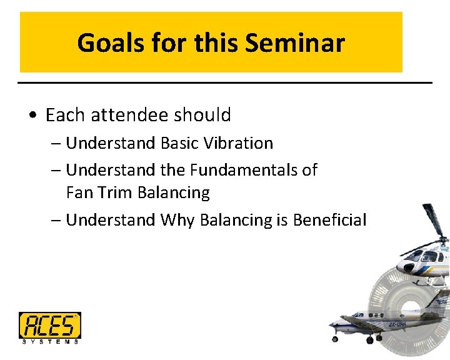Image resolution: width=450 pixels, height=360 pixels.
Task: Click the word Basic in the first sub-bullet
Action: point(179,143)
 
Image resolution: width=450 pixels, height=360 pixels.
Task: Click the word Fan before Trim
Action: point(79,192)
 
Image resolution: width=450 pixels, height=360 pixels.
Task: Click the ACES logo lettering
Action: point(49,325)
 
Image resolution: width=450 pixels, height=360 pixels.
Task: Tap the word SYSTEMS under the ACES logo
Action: point(49,341)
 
